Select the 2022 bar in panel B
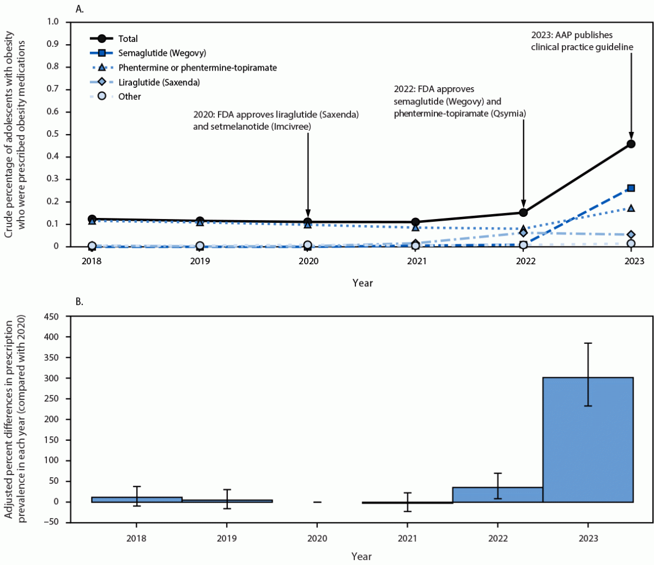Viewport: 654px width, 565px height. coord(497,494)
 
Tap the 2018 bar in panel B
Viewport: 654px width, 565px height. coord(136,499)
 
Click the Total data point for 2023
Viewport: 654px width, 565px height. coord(631,144)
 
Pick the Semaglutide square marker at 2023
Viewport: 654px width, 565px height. coord(631,188)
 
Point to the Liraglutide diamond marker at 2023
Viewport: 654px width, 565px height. coord(631,235)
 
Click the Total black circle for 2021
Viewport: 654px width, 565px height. coord(416,222)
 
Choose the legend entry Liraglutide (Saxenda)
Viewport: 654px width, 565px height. coord(159,82)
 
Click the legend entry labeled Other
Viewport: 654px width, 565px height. coord(129,97)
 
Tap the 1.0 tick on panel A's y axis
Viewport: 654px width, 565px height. coord(53,22)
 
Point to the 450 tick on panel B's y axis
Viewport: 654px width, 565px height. coord(51,317)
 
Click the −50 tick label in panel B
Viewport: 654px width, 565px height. coord(51,523)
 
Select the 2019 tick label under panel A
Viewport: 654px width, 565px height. coord(200,262)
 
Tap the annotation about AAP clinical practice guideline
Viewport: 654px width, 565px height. coord(582,41)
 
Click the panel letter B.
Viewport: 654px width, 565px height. coord(79,302)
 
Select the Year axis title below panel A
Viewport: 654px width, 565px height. coord(363,283)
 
